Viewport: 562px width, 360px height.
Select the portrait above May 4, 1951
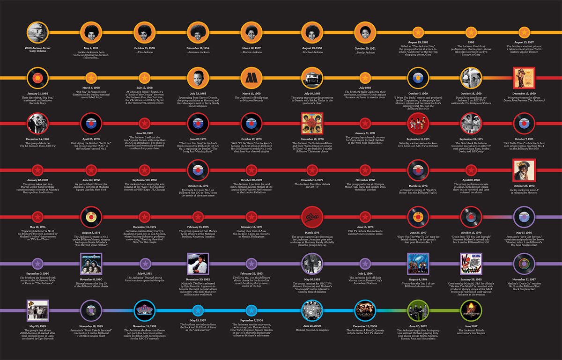point(90,32)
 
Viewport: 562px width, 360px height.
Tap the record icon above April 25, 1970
point(90,124)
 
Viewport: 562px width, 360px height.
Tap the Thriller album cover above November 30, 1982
point(197,263)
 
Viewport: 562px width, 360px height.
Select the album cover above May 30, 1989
point(37,310)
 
